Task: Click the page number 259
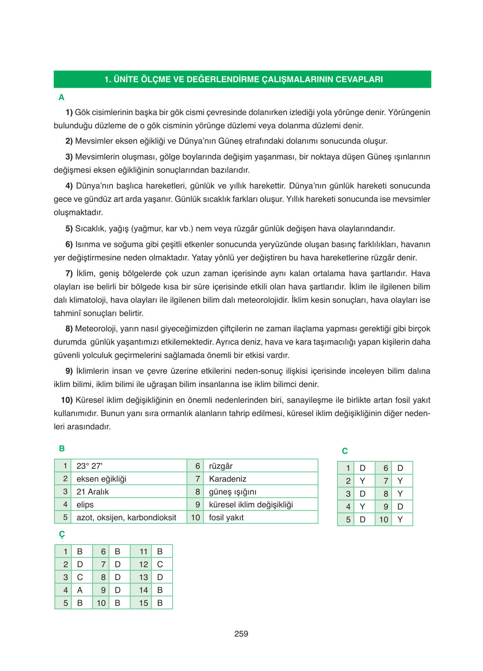click(x=241, y=634)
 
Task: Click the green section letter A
click(x=61, y=97)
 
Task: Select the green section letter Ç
click(x=62, y=534)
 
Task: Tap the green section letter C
click(x=345, y=451)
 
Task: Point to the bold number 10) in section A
click(x=66, y=400)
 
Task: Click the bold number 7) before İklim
click(x=69, y=273)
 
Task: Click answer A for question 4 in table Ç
click(x=80, y=590)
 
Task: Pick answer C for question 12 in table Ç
click(x=160, y=564)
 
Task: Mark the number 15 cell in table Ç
click(x=143, y=603)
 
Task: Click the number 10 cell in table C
click(x=384, y=519)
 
